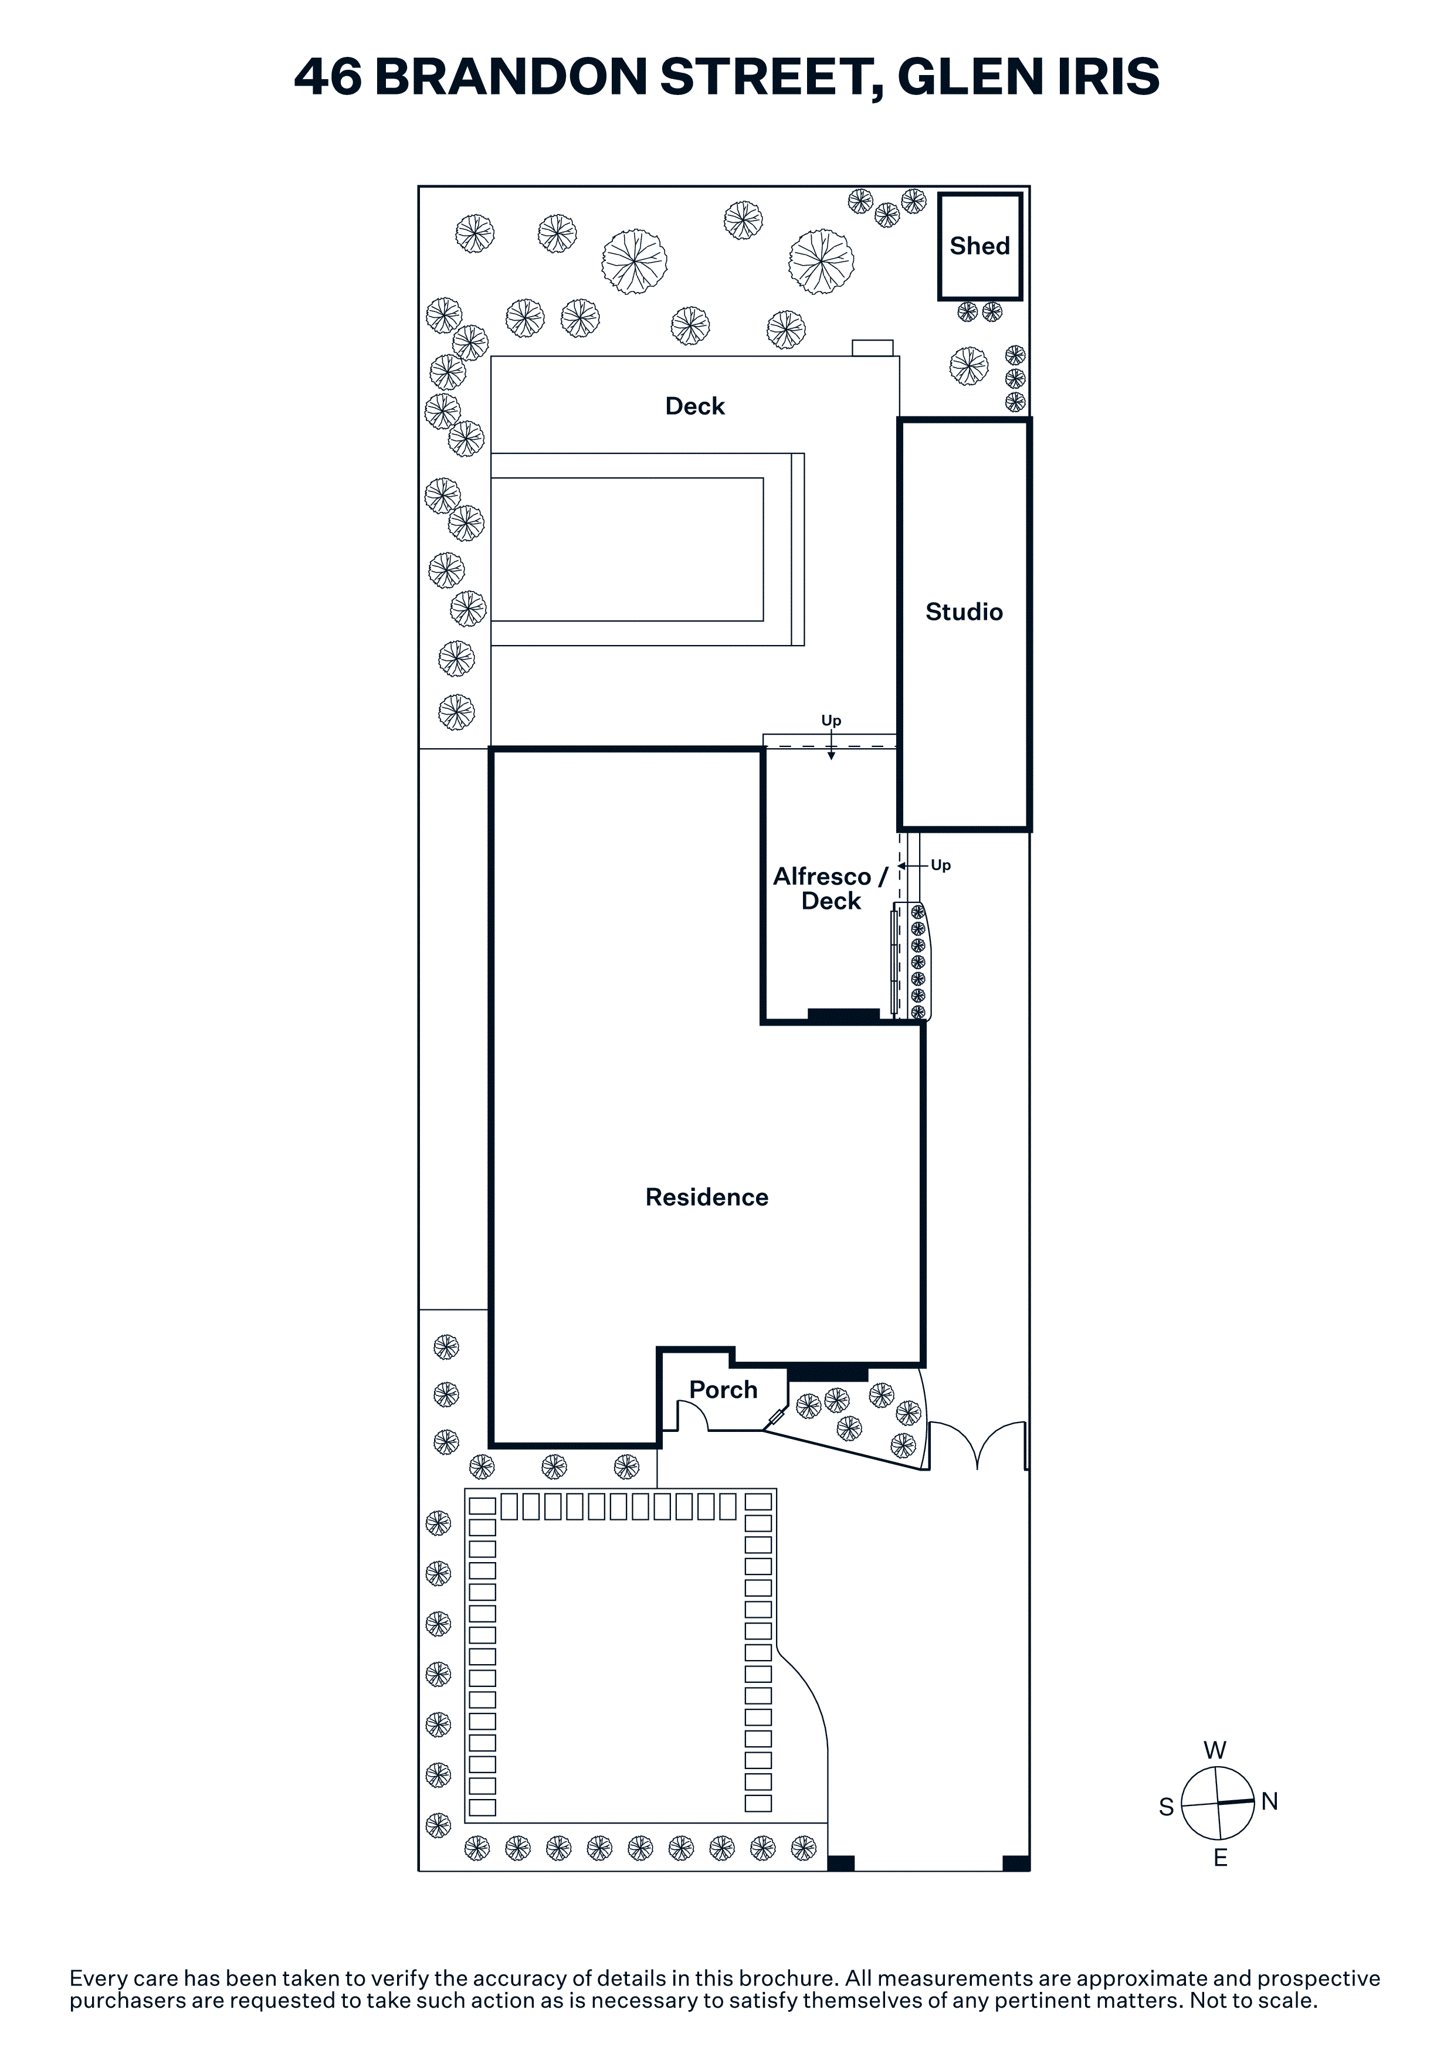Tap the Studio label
click(x=964, y=612)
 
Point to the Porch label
click(x=723, y=1390)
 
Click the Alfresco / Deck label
click(x=831, y=889)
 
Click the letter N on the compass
click(x=1269, y=1802)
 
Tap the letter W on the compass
click(x=1215, y=1750)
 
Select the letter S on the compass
click(x=1167, y=1807)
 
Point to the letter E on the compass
click(x=1220, y=1858)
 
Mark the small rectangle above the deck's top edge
click(x=872, y=348)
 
